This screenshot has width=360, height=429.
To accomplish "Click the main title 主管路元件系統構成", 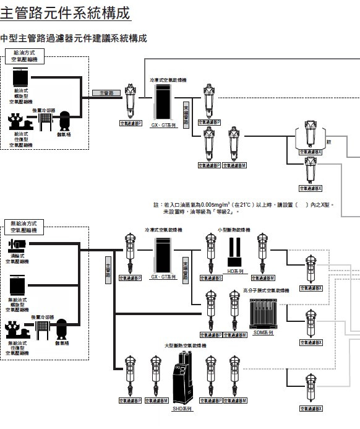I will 65,13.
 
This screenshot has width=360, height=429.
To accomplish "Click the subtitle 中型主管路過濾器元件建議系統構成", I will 74,39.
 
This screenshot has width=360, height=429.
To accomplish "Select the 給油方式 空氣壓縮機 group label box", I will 26,59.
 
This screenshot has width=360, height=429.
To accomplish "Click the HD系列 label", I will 235,271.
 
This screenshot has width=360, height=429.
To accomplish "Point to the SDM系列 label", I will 264,332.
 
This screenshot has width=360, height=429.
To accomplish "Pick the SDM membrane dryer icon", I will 262,313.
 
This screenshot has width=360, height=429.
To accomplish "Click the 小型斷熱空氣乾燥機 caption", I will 234,230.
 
